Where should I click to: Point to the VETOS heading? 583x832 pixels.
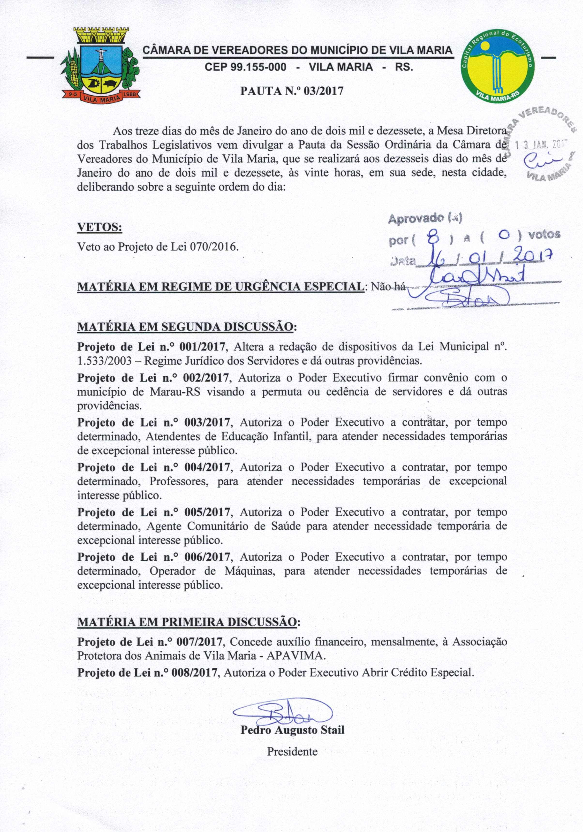click(100, 227)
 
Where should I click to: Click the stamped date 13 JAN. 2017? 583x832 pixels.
click(541, 145)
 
